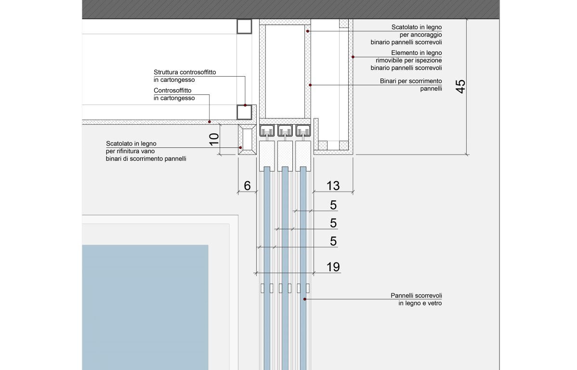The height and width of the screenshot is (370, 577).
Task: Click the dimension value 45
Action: [x=460, y=86]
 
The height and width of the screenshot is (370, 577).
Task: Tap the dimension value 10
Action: [x=214, y=139]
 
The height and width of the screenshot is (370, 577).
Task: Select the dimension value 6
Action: [x=247, y=185]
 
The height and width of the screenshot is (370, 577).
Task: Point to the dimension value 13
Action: [x=333, y=185]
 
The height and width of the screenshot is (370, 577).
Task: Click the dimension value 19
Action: [x=333, y=266]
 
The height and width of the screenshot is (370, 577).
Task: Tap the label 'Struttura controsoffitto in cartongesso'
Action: [x=185, y=76]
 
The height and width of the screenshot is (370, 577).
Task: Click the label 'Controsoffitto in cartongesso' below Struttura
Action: [x=174, y=94]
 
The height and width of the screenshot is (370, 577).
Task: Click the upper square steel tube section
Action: [x=245, y=26]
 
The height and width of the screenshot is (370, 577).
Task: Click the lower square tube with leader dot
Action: [x=245, y=112]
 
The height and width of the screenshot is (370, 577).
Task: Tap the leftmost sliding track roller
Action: [x=267, y=131]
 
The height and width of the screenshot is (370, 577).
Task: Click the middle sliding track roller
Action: [x=285, y=131]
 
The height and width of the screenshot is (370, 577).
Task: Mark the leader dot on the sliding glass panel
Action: [x=304, y=299]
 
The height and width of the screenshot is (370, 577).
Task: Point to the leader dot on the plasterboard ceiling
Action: [x=210, y=121]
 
